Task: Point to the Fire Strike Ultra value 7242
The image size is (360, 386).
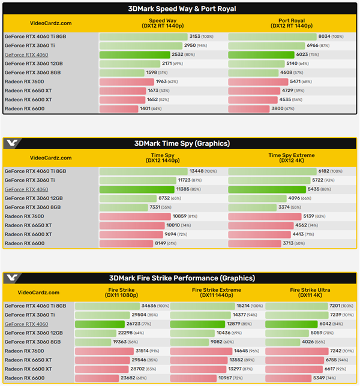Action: pos(339,351)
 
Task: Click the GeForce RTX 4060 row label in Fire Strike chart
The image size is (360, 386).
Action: pos(26,324)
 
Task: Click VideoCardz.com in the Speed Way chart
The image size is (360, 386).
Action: pos(30,23)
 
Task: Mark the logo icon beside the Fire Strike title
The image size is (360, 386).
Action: pos(12,278)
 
